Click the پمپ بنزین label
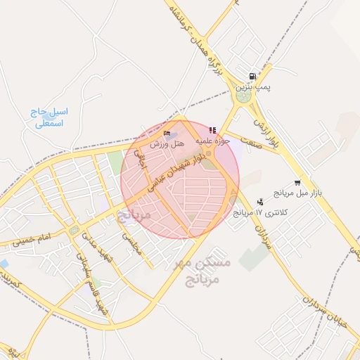coord(252,86)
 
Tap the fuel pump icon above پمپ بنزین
coord(252,76)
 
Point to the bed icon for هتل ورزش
coord(167,133)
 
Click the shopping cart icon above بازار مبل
coord(297,181)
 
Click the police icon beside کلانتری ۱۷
coord(260,202)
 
